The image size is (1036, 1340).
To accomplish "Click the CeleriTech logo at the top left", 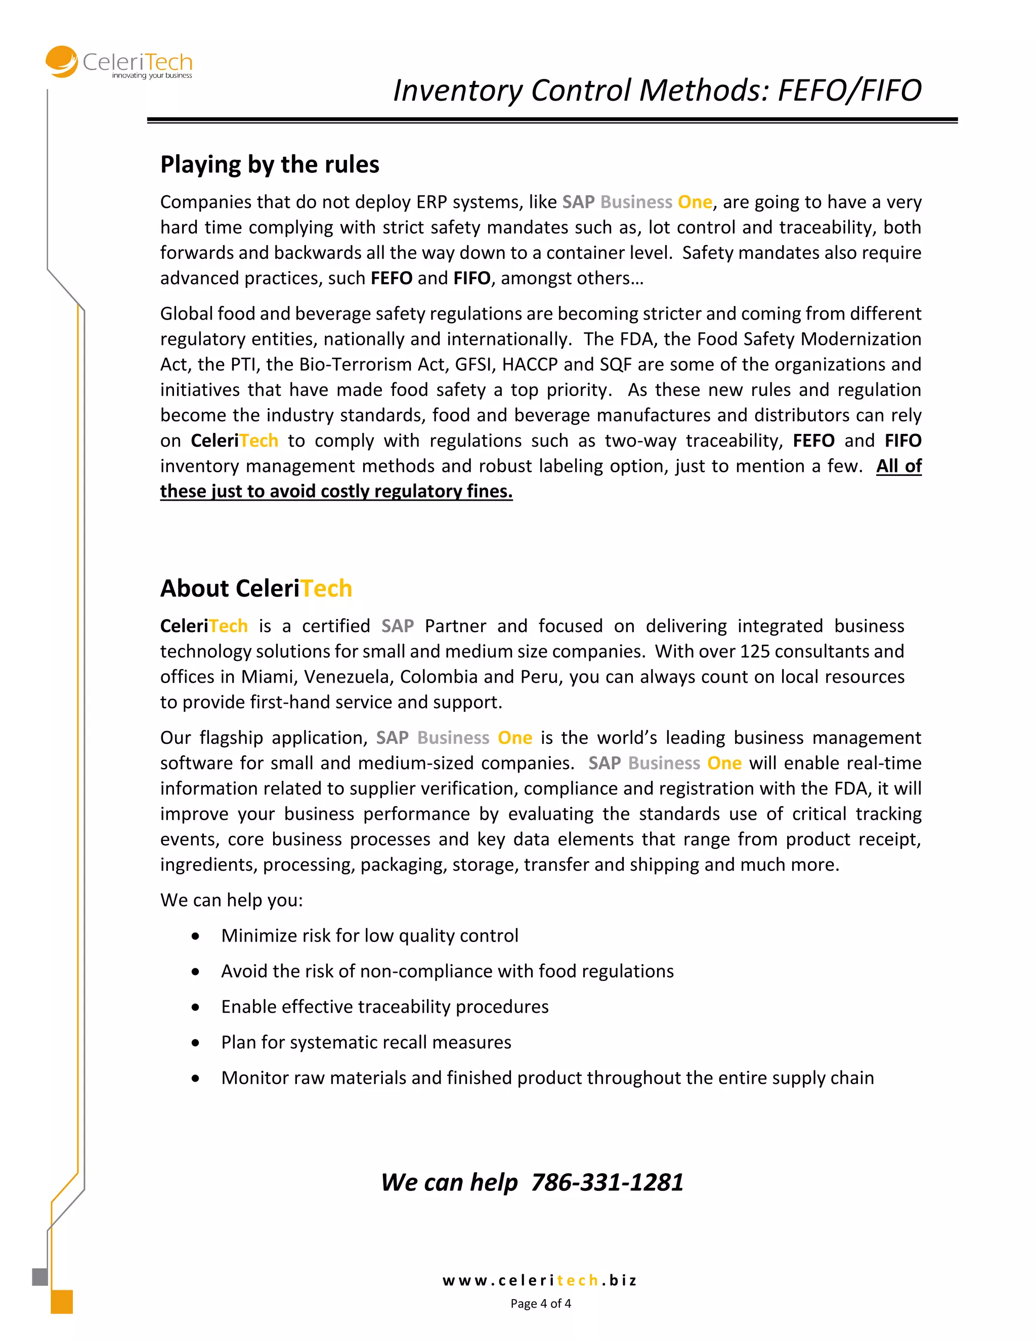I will [x=119, y=63].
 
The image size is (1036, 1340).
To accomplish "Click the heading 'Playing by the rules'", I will [x=270, y=164].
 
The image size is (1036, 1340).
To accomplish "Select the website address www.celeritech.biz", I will [x=539, y=1280].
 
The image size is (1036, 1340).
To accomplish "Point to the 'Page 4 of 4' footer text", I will [x=540, y=1303].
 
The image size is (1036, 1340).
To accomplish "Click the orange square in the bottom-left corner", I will [x=61, y=1302].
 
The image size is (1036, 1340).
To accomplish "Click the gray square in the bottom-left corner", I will [x=40, y=1276].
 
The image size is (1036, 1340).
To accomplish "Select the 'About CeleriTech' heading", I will [x=256, y=588].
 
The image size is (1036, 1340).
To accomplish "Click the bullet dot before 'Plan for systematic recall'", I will [x=195, y=1043].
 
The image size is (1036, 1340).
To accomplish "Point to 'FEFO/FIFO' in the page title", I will [x=849, y=90].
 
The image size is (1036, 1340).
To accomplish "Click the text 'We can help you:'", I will [x=231, y=900].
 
